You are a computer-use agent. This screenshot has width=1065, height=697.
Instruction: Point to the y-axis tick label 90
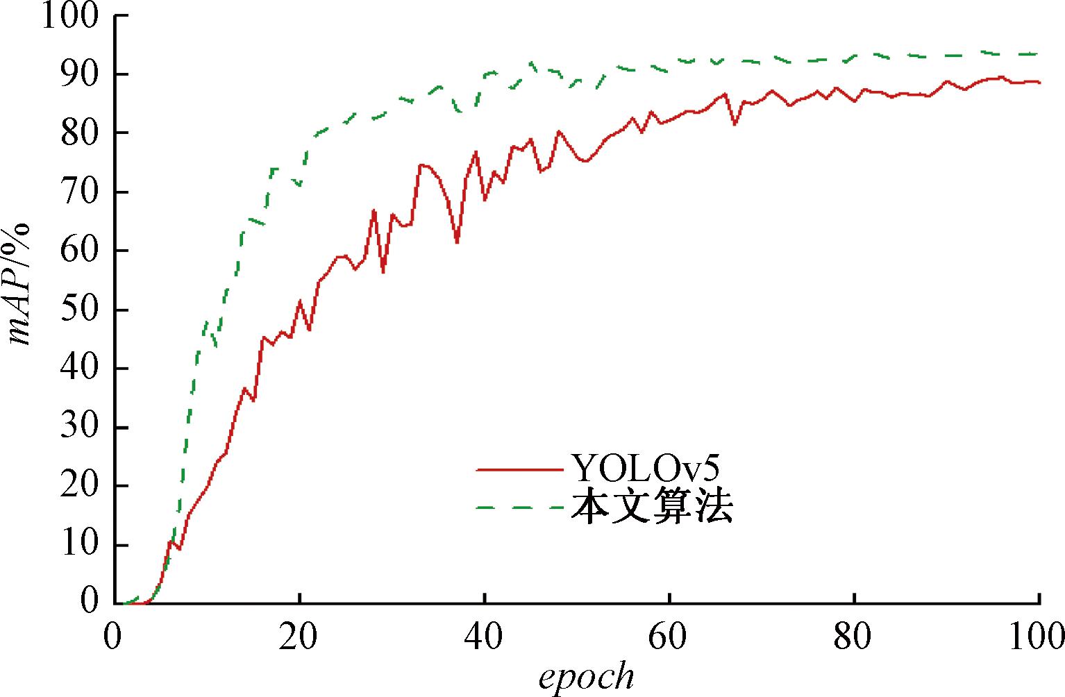(x=80, y=74)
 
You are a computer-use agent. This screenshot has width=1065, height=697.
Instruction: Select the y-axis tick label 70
(x=80, y=192)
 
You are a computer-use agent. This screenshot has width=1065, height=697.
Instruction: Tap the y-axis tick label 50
(x=80, y=310)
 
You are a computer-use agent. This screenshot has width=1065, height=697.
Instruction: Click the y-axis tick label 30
(x=80, y=427)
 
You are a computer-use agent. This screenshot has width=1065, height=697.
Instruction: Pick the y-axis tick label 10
(x=80, y=545)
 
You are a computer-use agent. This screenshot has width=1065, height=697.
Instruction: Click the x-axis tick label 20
(x=299, y=637)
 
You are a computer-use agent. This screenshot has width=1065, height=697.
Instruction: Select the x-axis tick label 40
(x=485, y=637)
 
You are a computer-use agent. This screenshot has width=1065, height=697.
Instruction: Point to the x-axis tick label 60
(x=669, y=637)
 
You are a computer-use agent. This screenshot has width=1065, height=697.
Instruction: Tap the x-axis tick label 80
(x=854, y=637)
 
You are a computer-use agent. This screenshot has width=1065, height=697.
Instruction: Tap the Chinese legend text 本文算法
(x=651, y=507)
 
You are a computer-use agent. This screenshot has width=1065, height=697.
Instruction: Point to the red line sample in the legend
(x=519, y=470)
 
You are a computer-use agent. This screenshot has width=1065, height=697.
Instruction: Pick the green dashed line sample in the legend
(x=519, y=508)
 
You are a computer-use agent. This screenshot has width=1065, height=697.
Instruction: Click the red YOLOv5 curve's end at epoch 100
(x=1039, y=83)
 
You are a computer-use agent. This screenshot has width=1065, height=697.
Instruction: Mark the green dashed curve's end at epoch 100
(x=1039, y=53)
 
